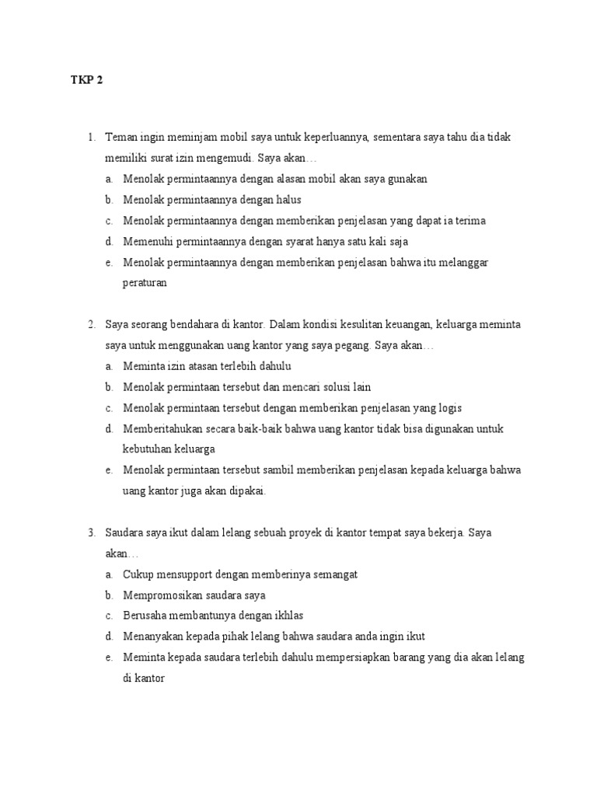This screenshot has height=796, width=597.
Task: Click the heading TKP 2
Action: pyautogui.click(x=86, y=79)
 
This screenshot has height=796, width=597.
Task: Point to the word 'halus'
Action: pyautogui.click(x=287, y=200)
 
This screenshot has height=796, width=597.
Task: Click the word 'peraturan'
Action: pyautogui.click(x=145, y=284)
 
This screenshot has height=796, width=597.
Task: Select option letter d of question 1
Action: pyautogui.click(x=109, y=242)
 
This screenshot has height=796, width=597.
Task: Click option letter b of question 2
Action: pyautogui.click(x=109, y=387)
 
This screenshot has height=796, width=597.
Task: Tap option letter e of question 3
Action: pyautogui.click(x=109, y=658)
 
